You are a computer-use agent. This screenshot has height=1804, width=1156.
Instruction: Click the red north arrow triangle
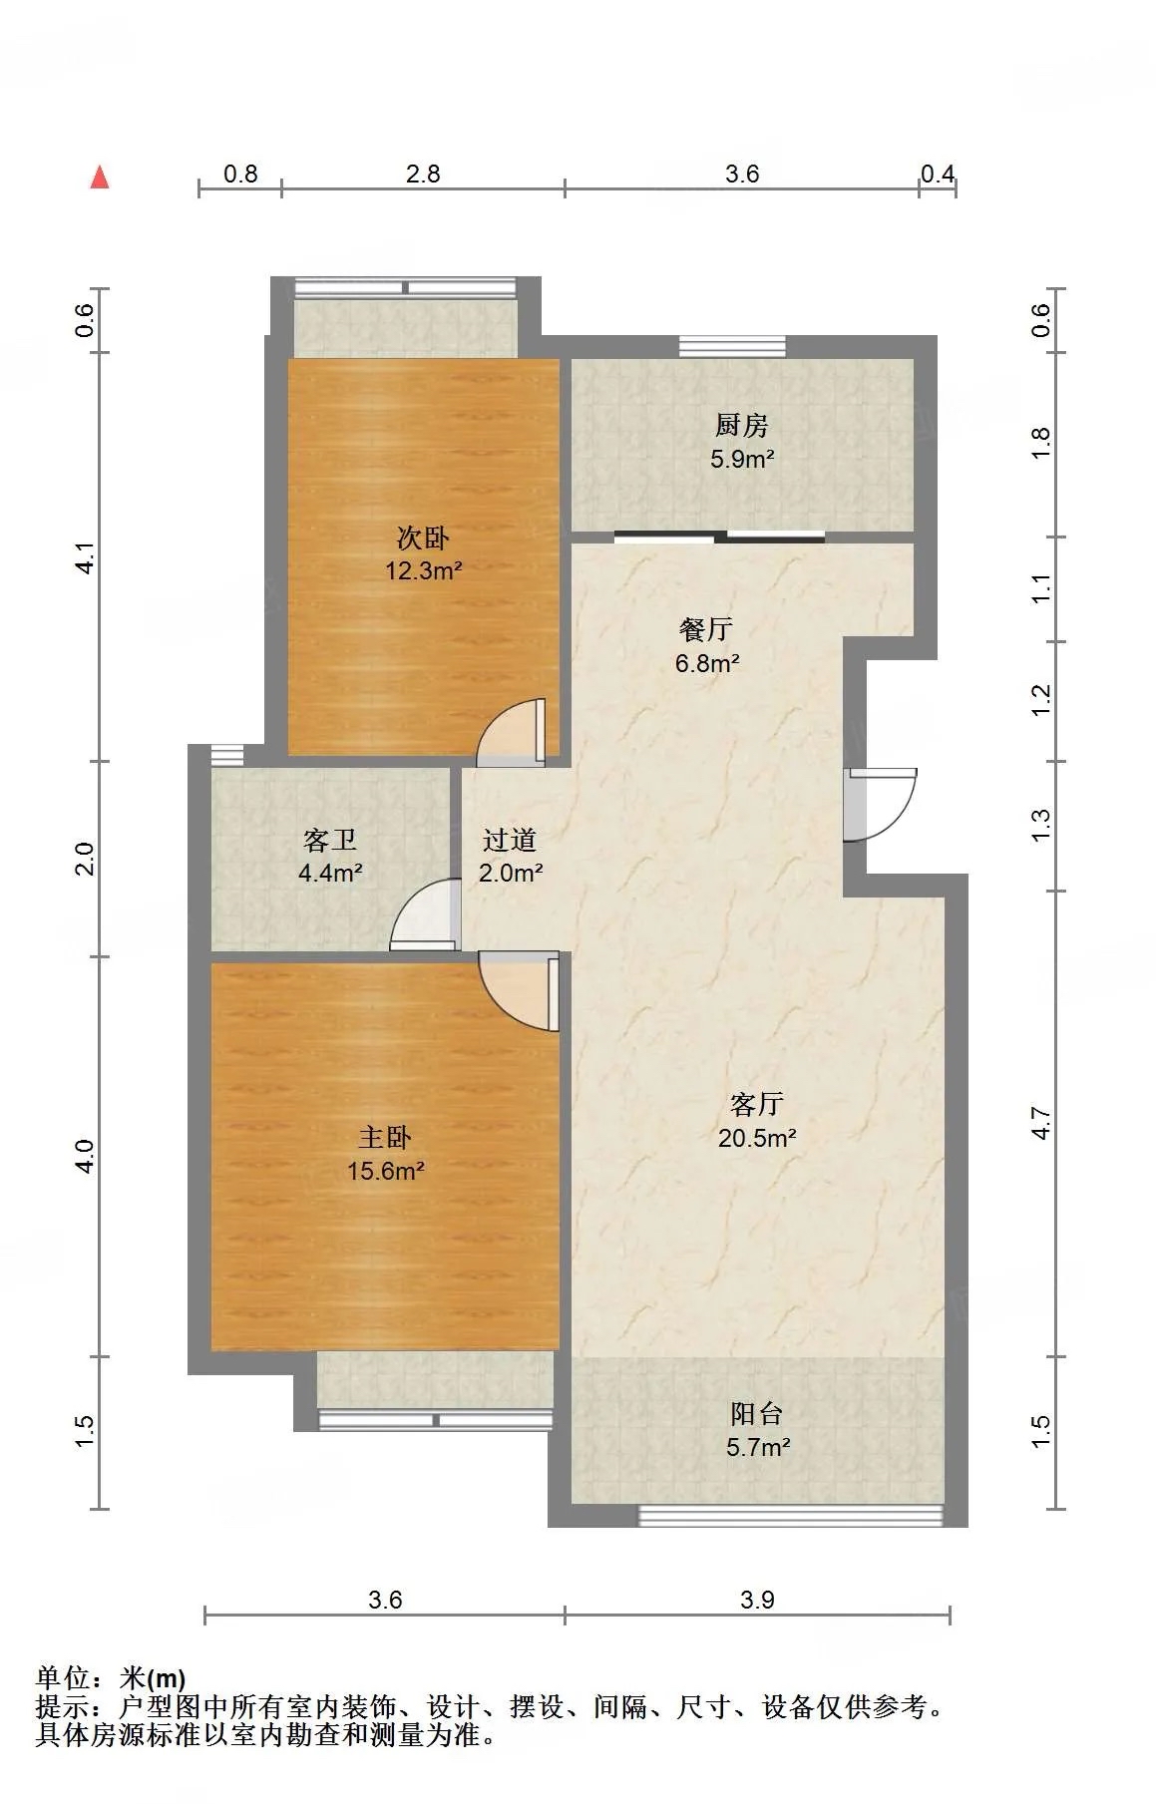[100, 178]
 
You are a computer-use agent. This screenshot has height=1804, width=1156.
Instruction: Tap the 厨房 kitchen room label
[742, 426]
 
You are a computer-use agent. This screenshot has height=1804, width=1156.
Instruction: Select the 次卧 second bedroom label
[423, 539]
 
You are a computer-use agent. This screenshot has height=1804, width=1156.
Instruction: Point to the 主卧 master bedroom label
[385, 1138]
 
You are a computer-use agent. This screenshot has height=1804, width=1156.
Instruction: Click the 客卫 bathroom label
[330, 841]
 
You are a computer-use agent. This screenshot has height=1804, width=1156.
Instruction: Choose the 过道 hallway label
[510, 841]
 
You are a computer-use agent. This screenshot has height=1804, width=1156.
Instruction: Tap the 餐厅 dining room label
[706, 629]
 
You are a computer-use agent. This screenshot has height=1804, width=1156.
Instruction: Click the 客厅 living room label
[757, 1105]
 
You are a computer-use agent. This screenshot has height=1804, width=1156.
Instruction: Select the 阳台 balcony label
[757, 1414]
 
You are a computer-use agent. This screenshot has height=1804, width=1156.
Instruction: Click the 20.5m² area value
[757, 1138]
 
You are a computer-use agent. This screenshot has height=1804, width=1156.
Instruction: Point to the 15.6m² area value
[386, 1171]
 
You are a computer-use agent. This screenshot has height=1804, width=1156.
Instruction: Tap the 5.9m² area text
[742, 459]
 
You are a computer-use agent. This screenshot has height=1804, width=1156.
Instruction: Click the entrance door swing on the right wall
[880, 805]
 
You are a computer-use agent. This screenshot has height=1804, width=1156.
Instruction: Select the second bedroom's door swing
[512, 732]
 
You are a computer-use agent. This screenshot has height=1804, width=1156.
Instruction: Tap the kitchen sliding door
[719, 538]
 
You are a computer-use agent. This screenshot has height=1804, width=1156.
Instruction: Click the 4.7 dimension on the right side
[1041, 1124]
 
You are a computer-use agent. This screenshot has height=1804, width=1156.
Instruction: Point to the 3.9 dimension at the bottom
[757, 1600]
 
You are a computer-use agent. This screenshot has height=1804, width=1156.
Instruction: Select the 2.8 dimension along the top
[423, 174]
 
